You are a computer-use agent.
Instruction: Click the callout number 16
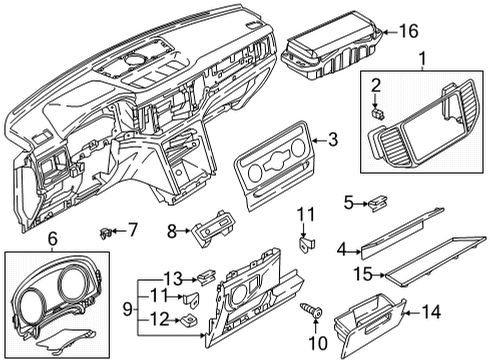(x=409, y=31)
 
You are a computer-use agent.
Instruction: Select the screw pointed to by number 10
(x=311, y=311)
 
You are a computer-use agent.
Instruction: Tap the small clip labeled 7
(x=105, y=233)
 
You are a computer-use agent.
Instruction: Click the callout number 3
(x=333, y=140)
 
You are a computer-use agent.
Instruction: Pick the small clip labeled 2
(x=377, y=114)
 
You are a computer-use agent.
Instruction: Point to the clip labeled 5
(x=377, y=202)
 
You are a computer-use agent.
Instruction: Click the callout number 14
(x=431, y=312)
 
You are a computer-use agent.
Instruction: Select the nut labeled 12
(x=188, y=321)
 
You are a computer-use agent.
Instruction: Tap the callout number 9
(x=127, y=309)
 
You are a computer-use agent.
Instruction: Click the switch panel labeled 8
(x=212, y=228)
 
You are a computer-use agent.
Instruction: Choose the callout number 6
(x=53, y=239)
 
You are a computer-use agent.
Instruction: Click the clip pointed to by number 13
(x=207, y=276)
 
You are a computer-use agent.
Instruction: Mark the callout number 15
(x=363, y=274)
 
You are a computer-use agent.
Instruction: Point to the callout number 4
(x=341, y=250)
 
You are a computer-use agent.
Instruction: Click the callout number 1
(x=422, y=59)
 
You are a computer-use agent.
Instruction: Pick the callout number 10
(x=318, y=343)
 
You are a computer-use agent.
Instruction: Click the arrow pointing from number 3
(x=319, y=141)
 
